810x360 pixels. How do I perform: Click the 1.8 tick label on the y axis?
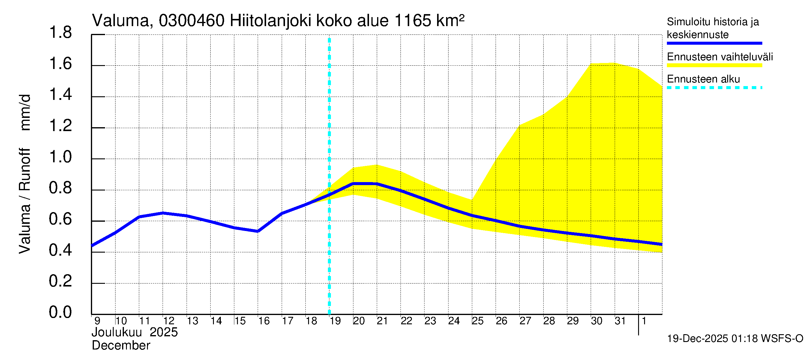point(60,33)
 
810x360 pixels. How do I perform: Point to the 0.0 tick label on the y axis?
point(60,312)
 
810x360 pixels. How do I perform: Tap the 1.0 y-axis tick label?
point(60,157)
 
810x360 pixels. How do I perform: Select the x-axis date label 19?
point(335,321)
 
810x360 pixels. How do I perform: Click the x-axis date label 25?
point(478,321)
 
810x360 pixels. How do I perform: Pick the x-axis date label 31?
point(620,321)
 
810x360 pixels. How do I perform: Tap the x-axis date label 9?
point(97,321)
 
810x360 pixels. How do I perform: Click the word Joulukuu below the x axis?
point(117,332)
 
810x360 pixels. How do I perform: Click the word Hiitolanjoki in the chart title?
point(270,21)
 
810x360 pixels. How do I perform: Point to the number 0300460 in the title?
point(191,21)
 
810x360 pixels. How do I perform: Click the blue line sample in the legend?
point(714,43)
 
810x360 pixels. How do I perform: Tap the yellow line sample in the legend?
point(714,65)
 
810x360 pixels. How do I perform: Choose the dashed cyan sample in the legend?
point(714,88)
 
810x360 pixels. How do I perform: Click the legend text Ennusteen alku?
point(703,79)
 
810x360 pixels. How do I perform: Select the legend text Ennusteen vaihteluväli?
point(720,57)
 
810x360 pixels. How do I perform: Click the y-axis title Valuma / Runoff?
point(25,201)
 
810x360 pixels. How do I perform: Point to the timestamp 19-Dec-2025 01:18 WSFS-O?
point(735,339)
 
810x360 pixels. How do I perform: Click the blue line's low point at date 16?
point(258,231)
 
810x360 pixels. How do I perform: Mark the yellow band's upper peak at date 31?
point(615,63)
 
